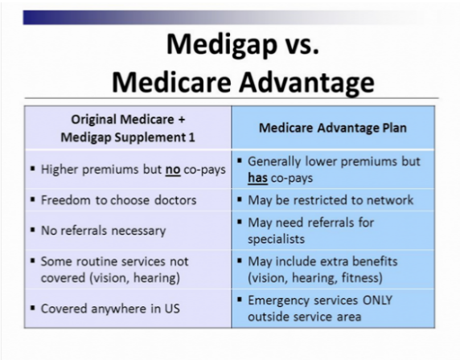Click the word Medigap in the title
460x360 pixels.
coord(221,45)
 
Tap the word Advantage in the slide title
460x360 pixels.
coord(306,81)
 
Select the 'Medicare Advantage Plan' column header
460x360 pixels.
coord(333,128)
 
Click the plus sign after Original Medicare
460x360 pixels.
coord(181,120)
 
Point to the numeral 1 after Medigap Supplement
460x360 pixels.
coord(191,137)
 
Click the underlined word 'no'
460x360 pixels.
coord(173,170)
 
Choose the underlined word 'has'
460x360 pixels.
coord(257,178)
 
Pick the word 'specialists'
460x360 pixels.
coord(276,239)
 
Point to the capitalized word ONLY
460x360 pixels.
coord(377,301)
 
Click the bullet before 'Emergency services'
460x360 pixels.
coord(240,299)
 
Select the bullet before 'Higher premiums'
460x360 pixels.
coord(33,169)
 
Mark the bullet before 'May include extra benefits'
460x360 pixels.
coord(240,260)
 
